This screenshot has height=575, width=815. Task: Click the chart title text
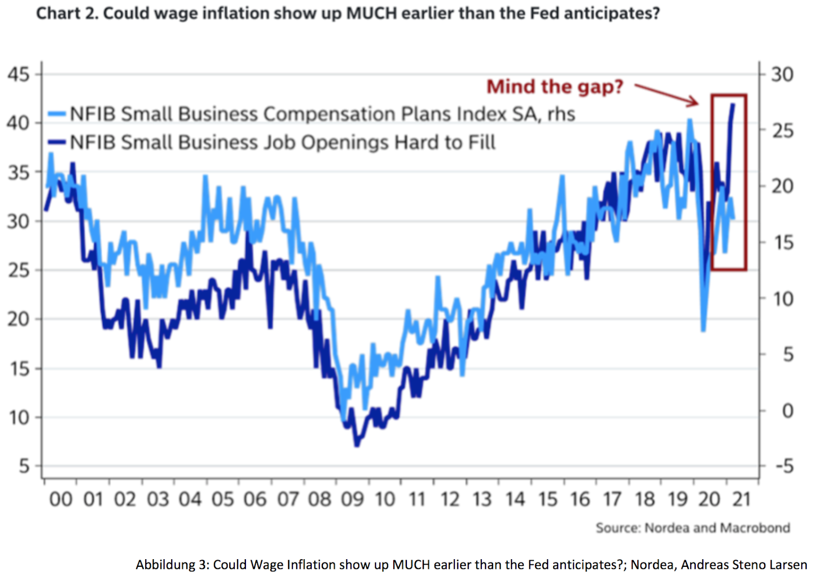point(348,13)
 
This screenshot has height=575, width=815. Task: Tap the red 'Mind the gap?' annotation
point(555,87)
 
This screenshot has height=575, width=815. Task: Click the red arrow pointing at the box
point(667,95)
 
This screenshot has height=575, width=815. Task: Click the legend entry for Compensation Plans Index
point(322,114)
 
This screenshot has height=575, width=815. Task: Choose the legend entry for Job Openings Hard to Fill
point(282,142)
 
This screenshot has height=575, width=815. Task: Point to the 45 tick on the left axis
point(18,74)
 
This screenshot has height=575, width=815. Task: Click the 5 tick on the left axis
point(24,466)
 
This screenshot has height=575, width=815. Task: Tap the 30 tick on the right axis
point(782,74)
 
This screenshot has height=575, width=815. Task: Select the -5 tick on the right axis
point(784,466)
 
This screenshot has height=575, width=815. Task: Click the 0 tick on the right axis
point(787,410)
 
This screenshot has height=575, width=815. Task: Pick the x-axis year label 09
point(352,499)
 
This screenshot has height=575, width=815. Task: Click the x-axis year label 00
point(61,499)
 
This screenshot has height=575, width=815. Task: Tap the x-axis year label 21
point(742,499)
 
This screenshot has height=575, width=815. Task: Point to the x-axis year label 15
point(548,499)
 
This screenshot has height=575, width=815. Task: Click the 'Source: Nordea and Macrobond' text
point(693,528)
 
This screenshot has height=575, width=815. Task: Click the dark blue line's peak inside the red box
point(733,104)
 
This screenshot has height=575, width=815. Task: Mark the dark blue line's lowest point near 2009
point(357,445)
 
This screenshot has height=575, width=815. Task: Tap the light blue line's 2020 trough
point(703,330)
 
